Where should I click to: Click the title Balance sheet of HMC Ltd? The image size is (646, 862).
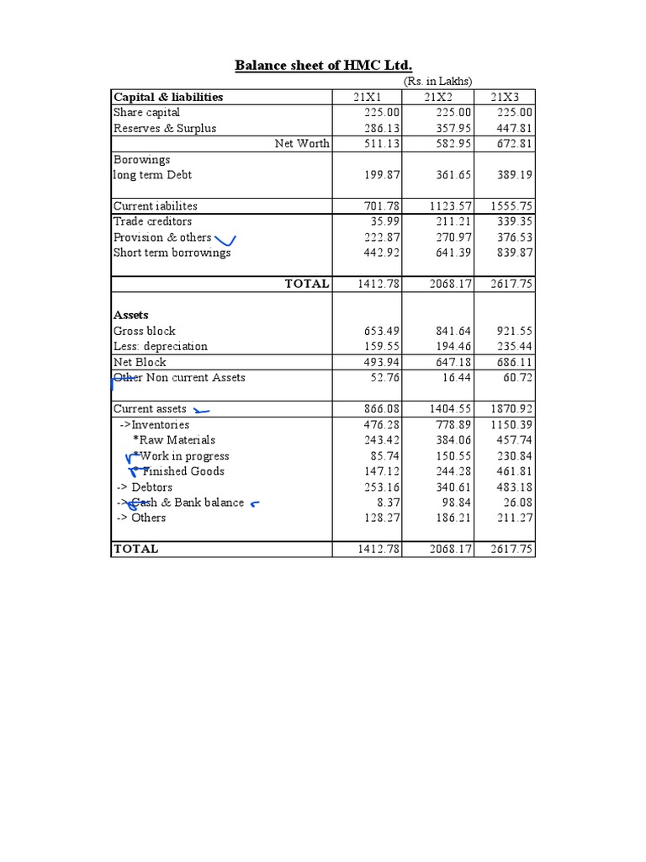point(323,66)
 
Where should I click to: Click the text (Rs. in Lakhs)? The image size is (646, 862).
point(437,82)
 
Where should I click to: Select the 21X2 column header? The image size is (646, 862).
point(437,97)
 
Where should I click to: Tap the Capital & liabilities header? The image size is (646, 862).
point(168,97)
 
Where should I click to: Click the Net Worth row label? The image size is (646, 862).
point(302,144)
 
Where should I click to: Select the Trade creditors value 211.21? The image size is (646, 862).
point(454,221)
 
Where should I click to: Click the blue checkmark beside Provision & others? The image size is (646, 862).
point(225,241)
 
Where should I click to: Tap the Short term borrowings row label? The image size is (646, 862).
point(172,253)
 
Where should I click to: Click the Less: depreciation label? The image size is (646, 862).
point(161,347)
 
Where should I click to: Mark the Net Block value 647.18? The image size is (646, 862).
point(454,363)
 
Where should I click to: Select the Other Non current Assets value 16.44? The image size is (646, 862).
point(458,378)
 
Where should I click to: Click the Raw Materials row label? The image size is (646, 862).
point(174,440)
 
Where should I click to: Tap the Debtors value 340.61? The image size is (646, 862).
point(454,487)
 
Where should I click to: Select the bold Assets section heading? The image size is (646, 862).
point(131,316)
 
